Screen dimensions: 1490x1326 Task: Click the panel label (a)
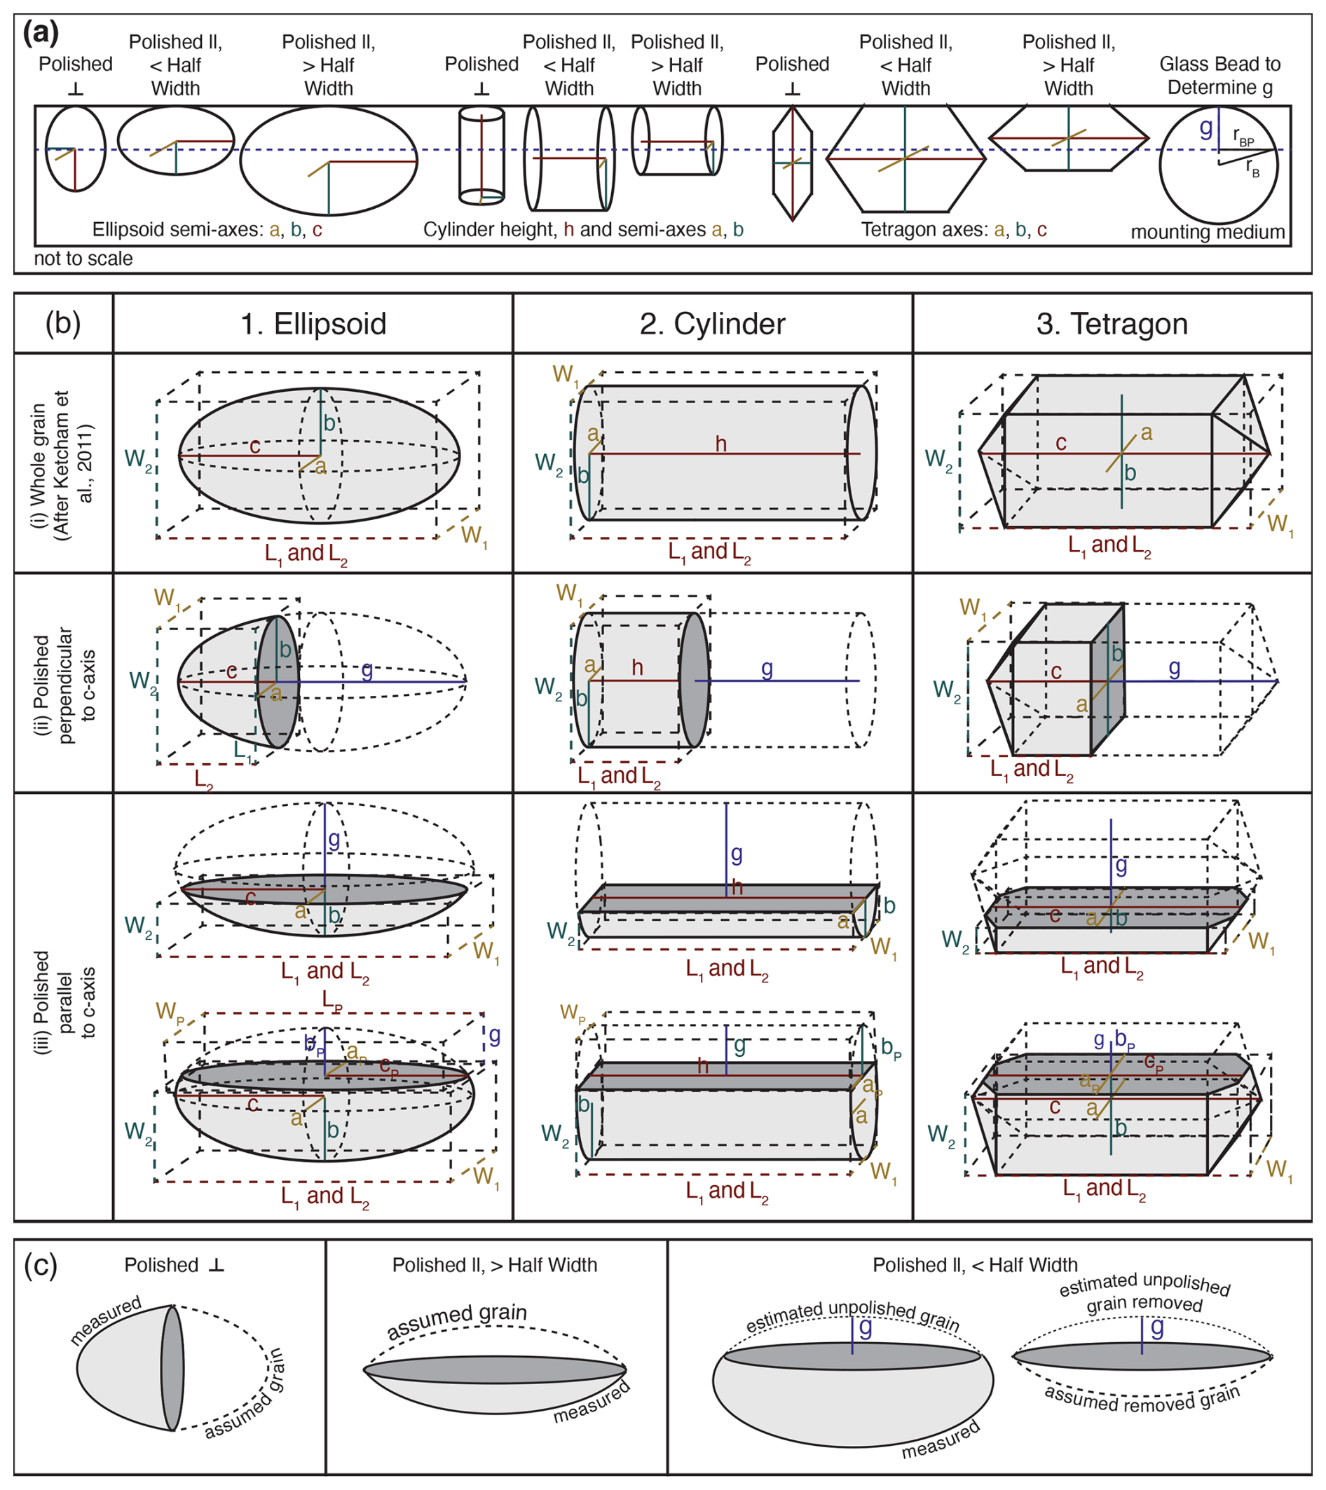pos(41,34)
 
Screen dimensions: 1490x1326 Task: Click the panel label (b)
pos(62,323)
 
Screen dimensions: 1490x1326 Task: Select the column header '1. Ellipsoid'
pos(313,324)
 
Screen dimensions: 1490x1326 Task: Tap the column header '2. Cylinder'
pos(712,324)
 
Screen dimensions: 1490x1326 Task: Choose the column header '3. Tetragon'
pos(1112,324)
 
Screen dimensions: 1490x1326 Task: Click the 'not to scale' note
pos(83,259)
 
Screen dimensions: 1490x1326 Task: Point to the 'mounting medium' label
pos(1207,233)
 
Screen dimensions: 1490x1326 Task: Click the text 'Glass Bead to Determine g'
pos(1219,76)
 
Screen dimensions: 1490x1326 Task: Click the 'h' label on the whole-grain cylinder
pos(721,444)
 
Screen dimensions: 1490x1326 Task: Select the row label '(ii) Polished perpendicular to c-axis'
pos(64,684)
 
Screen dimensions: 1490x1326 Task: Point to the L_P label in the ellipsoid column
pos(332,1000)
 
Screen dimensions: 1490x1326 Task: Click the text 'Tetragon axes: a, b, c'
pos(953,231)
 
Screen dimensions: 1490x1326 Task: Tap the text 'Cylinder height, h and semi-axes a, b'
pos(583,231)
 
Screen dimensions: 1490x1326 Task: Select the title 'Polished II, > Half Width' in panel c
pos(494,1265)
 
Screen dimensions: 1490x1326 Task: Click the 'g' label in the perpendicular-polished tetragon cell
pos(1174,668)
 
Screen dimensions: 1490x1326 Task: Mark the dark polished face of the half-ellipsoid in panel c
pos(172,1367)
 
